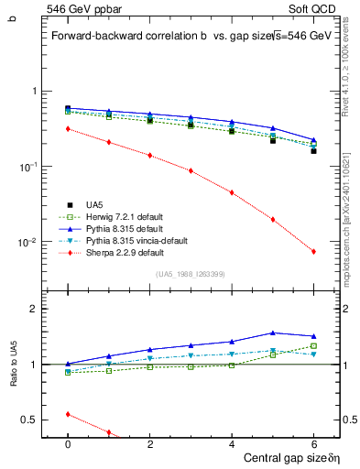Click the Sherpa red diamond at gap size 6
point(313,252)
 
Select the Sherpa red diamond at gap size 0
point(68,129)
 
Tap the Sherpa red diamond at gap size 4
point(232,192)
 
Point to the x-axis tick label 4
point(232,442)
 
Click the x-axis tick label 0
point(68,442)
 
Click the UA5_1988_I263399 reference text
point(191,274)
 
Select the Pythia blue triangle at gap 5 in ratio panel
point(272,333)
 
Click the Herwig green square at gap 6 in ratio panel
point(313,345)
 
